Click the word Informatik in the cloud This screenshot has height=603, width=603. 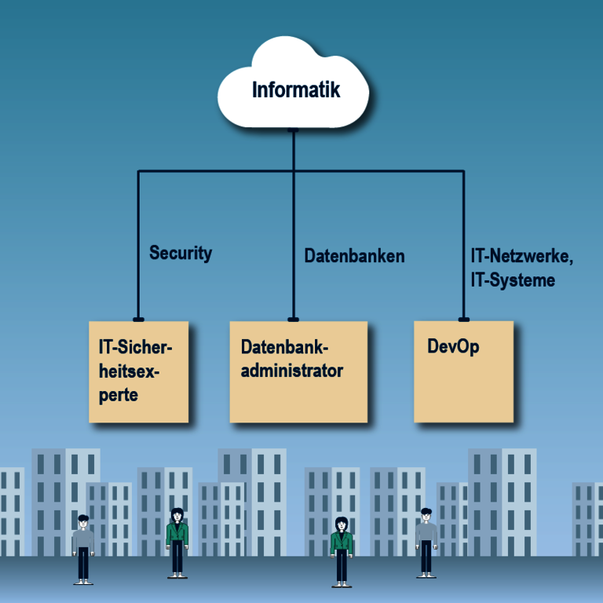pyautogui.click(x=296, y=90)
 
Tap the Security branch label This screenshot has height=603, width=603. pyautogui.click(x=181, y=253)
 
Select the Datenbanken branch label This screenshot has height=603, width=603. pyautogui.click(x=354, y=255)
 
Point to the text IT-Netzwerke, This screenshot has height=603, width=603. pyautogui.click(x=521, y=256)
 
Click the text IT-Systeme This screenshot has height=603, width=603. pyautogui.click(x=513, y=280)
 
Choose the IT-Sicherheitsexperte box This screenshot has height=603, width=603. pyautogui.click(x=139, y=371)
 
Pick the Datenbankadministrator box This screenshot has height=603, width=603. pyautogui.click(x=298, y=371)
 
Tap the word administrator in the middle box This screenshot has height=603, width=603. pyautogui.click(x=291, y=371)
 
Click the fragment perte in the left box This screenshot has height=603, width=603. pyautogui.click(x=119, y=395)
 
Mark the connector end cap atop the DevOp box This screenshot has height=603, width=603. pyautogui.click(x=463, y=319)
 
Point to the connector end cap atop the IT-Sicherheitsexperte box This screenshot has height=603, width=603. pyautogui.click(x=138, y=319)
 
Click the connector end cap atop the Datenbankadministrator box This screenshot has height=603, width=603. pyautogui.click(x=293, y=319)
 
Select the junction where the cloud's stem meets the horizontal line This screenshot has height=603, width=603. pyautogui.click(x=293, y=171)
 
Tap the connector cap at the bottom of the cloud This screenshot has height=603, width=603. pyautogui.click(x=293, y=130)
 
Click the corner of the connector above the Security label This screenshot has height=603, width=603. pyautogui.click(x=138, y=171)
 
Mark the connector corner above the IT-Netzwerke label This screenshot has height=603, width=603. pyautogui.click(x=463, y=171)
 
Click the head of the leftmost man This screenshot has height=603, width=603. pyautogui.click(x=83, y=521)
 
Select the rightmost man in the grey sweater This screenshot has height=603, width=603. pyautogui.click(x=426, y=542)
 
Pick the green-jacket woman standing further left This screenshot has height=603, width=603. pyautogui.click(x=177, y=542)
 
